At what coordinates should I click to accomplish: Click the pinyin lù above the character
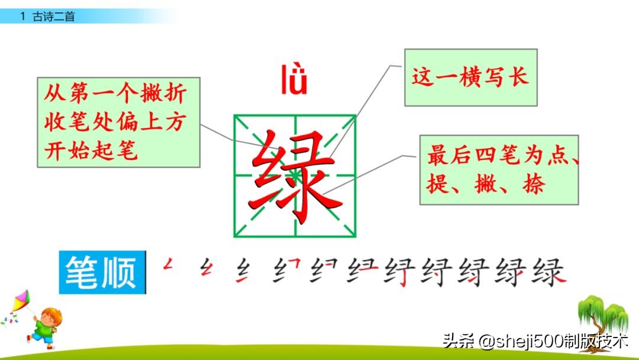point(294,82)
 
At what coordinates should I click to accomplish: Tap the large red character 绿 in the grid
point(295,176)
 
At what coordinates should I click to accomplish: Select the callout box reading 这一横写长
point(470,78)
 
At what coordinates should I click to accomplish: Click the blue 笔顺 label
point(102,272)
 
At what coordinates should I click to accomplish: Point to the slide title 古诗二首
point(53,17)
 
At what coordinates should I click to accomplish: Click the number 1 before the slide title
point(22,17)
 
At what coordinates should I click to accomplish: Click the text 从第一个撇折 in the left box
point(115,94)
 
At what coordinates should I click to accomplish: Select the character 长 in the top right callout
point(518,78)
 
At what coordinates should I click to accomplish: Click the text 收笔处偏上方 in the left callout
point(115,123)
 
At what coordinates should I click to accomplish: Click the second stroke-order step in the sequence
point(206,267)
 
